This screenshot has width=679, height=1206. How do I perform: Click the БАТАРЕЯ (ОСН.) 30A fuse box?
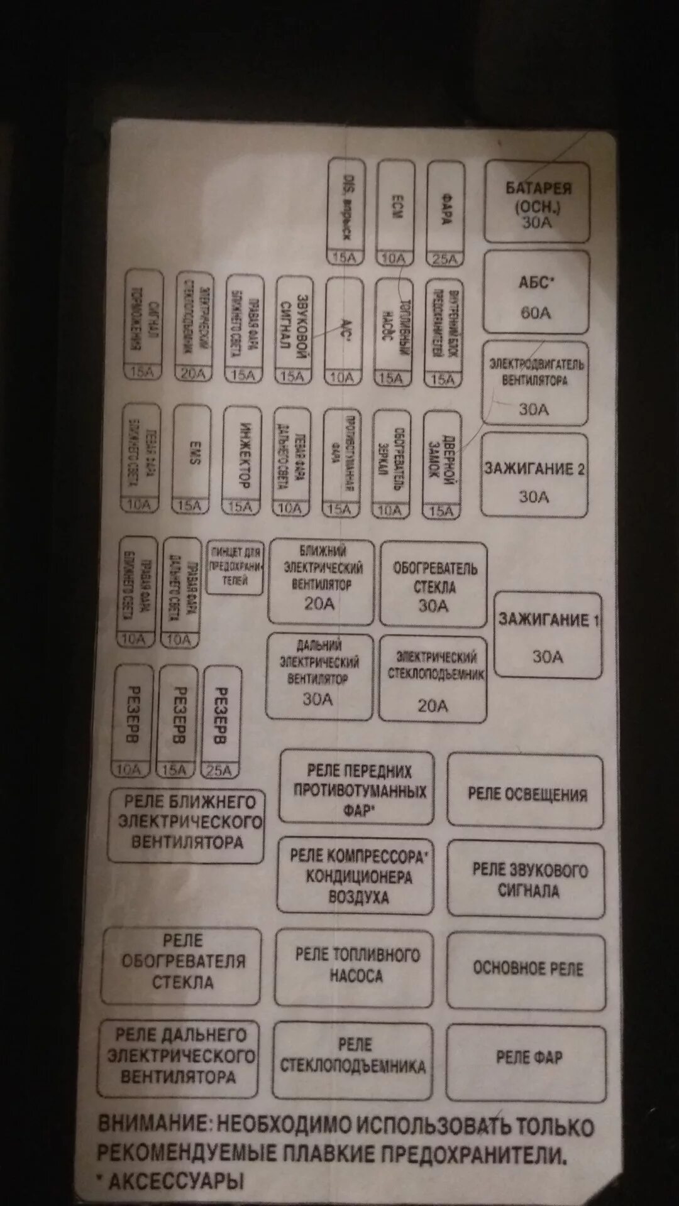point(537,202)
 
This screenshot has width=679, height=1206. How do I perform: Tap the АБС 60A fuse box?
point(536,293)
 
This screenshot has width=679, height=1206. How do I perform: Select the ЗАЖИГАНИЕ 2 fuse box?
point(534,475)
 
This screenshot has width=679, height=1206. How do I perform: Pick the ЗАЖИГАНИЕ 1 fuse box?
point(548,635)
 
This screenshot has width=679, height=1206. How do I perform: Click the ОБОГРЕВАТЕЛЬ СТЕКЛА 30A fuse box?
point(434,585)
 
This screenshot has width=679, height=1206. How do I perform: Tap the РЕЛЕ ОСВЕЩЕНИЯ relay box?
point(526,792)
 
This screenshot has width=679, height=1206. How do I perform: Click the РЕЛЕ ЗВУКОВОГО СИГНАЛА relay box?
point(527,879)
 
